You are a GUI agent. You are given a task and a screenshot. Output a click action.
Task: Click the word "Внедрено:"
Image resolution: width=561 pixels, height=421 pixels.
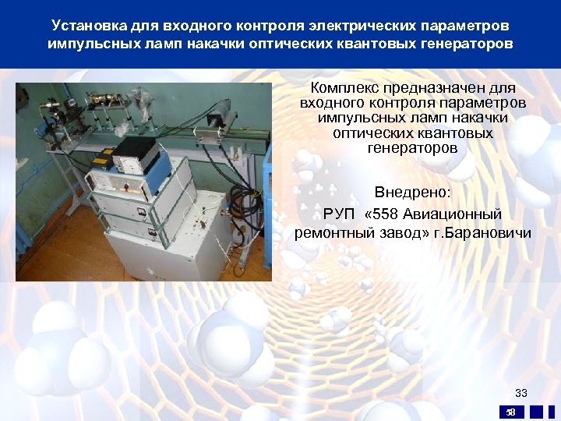413,192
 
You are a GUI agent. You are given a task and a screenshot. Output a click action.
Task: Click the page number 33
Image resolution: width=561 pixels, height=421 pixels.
521,393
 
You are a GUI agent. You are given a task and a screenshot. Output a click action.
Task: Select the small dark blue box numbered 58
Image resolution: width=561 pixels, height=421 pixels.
511,412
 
